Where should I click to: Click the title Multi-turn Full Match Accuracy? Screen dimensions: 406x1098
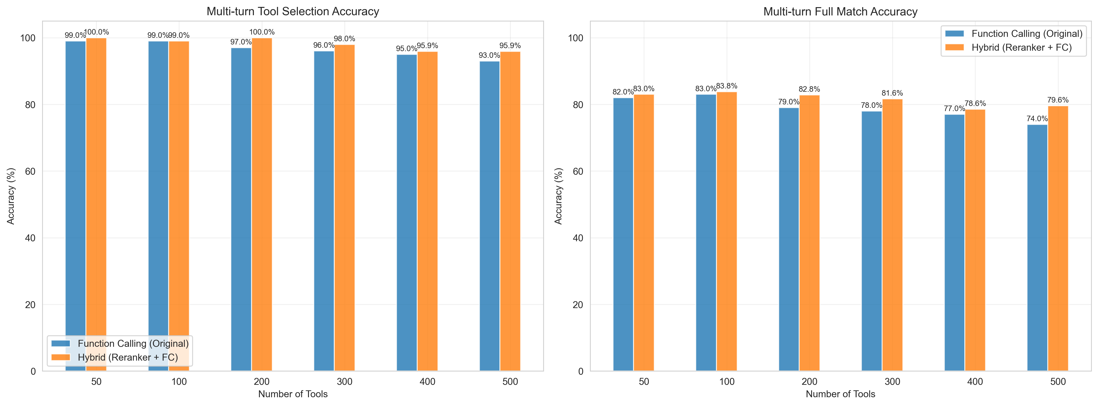pos(840,12)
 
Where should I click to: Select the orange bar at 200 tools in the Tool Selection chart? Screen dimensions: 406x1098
pos(262,205)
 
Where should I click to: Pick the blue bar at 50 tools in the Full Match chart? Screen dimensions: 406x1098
pos(623,235)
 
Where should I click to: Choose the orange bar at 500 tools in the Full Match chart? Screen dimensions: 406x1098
pos(1058,239)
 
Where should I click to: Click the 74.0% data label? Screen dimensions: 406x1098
pos(1037,119)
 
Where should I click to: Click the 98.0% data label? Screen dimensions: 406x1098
pos(344,39)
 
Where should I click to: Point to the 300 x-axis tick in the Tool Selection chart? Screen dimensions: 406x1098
pos(344,382)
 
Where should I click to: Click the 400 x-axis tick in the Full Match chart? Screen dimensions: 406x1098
pos(975,382)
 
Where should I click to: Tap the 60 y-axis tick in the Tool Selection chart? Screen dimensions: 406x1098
pos(30,171)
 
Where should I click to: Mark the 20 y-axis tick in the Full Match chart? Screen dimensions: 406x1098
pos(578,305)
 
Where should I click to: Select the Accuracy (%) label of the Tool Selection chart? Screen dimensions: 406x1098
pos(11,196)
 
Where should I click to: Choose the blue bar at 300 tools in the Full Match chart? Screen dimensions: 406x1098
pos(872,241)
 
